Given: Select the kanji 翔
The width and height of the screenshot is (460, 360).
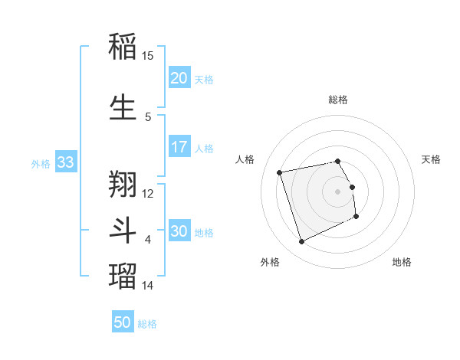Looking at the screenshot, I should click(x=123, y=182).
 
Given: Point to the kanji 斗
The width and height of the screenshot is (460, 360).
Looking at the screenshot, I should click(x=123, y=228).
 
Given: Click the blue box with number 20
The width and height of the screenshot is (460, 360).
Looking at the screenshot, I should click(x=179, y=77).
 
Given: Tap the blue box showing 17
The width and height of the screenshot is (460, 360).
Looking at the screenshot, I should click(x=179, y=146).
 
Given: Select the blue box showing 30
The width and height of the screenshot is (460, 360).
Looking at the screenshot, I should click(x=179, y=231).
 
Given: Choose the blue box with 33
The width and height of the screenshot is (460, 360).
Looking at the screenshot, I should click(x=65, y=162).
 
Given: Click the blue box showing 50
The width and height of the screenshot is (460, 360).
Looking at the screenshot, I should click(x=123, y=322).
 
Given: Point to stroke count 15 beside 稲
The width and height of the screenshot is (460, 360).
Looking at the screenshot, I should click(x=148, y=56).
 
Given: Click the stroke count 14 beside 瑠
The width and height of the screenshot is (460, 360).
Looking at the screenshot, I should click(x=148, y=286).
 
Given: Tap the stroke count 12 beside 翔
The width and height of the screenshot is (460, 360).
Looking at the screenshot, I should click(x=148, y=192).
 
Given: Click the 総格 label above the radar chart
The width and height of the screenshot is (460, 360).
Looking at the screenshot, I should click(x=338, y=100).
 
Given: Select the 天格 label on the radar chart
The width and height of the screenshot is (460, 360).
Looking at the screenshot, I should click(x=432, y=159).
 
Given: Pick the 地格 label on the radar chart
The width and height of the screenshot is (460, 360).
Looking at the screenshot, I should click(x=402, y=262).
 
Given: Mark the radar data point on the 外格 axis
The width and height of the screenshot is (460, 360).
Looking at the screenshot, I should click(x=301, y=242).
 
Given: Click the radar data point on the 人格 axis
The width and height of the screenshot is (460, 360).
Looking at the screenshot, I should click(x=279, y=172).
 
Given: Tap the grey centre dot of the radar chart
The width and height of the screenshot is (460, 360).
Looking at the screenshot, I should click(x=338, y=191).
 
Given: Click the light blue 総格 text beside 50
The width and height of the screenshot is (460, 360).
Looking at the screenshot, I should click(x=147, y=324).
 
